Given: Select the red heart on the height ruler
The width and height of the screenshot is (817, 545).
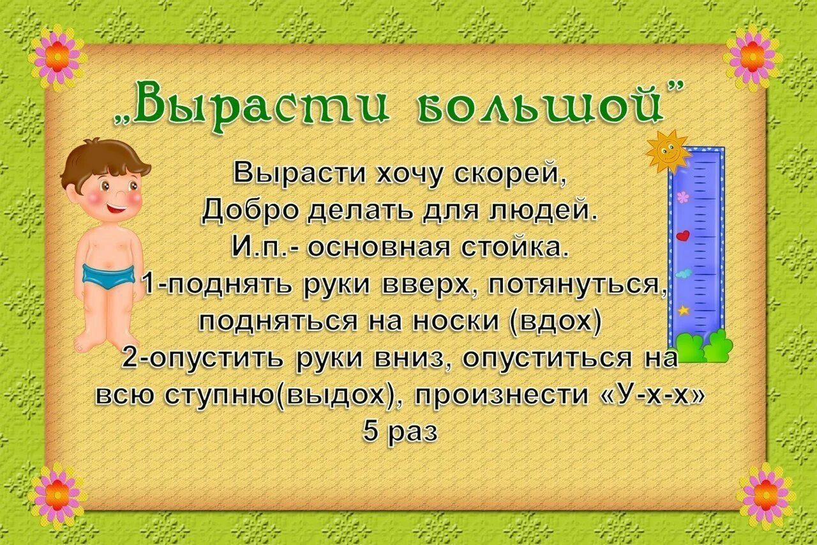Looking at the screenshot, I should (x=683, y=235).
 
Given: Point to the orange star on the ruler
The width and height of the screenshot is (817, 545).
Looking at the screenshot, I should (x=684, y=311).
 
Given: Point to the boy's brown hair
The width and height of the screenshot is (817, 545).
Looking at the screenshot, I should (x=102, y=160).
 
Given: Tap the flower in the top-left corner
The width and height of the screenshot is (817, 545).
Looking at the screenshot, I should (x=57, y=57).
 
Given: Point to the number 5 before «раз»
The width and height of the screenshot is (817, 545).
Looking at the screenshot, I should (x=371, y=432).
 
